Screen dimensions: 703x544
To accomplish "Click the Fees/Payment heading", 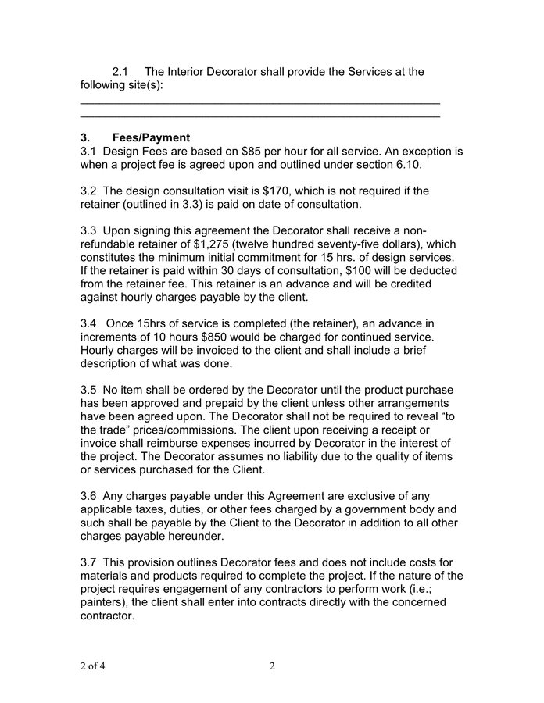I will (150, 137).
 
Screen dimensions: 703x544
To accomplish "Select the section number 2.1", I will (123, 72).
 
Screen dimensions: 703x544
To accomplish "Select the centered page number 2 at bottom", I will (272, 666).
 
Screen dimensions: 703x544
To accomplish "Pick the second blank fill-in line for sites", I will (260, 117).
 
